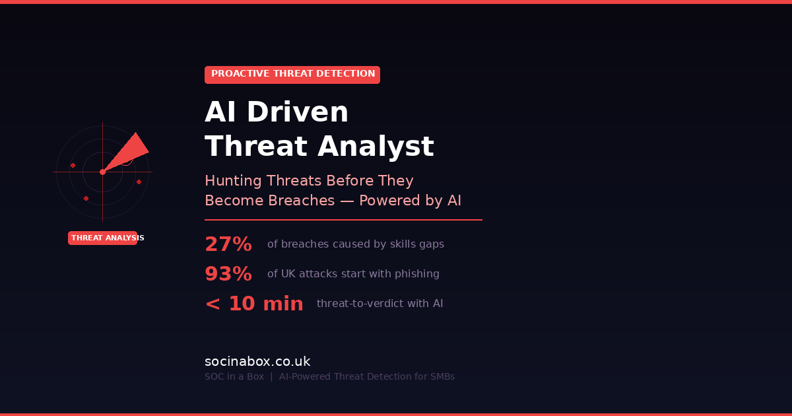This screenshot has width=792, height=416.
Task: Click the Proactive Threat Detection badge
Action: [x=292, y=75]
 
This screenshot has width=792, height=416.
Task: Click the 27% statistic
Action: [x=228, y=244]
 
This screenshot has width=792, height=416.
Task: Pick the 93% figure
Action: [x=228, y=274]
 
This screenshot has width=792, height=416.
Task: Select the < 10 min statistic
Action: [x=254, y=304]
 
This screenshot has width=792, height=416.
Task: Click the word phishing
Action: [x=417, y=274]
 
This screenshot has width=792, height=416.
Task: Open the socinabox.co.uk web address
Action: [x=257, y=362]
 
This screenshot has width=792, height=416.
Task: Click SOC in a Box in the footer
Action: [x=234, y=377]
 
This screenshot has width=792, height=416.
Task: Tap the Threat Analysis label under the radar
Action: [x=103, y=238]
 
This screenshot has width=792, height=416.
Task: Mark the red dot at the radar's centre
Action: [x=102, y=172]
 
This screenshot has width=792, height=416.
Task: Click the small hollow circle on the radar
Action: [x=127, y=160]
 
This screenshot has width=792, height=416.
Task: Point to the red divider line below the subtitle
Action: [x=343, y=220]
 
